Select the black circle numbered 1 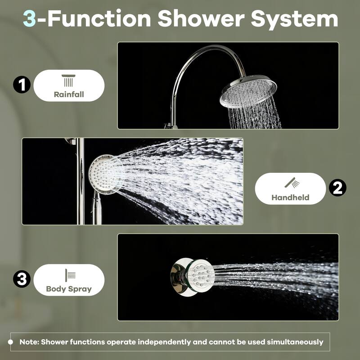21,85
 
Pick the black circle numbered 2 337,188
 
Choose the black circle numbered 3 21,279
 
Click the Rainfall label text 68,94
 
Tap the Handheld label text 290,197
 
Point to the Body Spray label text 68,289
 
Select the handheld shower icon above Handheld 292,183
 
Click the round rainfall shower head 248,91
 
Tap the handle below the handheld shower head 97,209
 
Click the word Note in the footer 29,342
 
